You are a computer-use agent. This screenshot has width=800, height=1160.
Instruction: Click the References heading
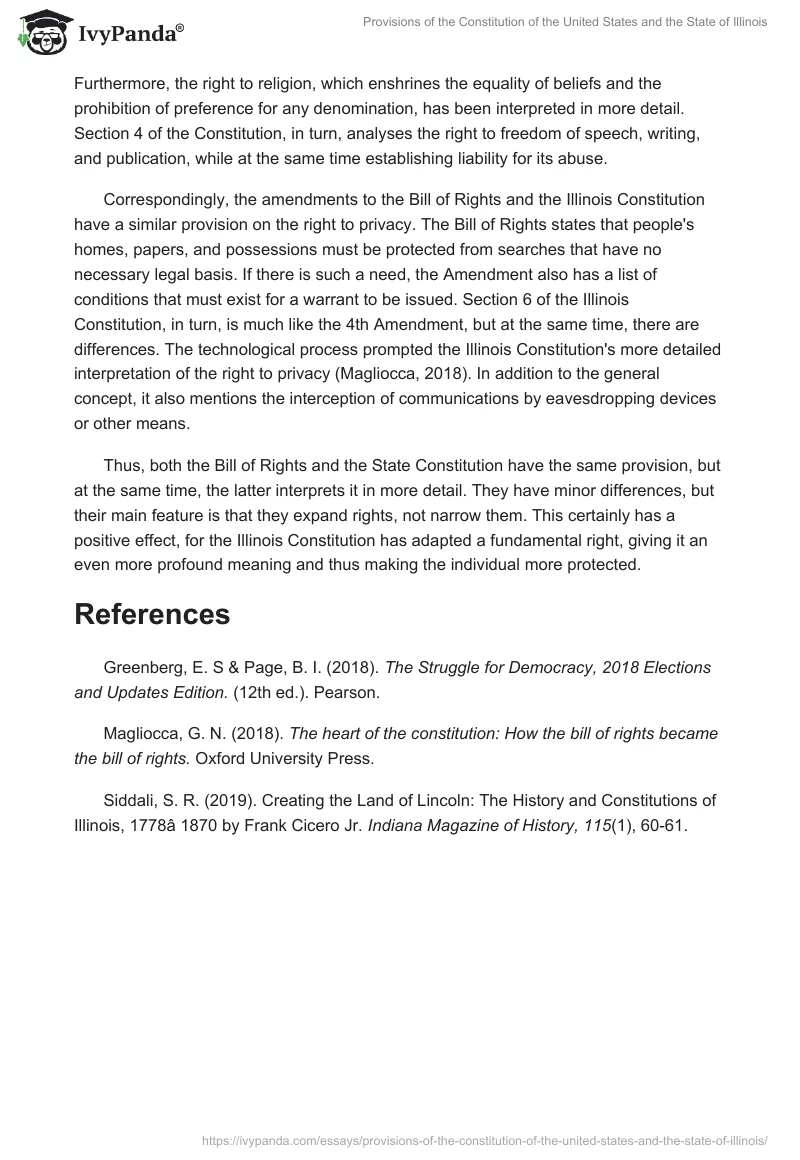pos(152,614)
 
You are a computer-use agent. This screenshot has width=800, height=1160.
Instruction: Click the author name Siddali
pos(132,800)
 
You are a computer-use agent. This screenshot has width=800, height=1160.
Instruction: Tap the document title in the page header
pos(565,21)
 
